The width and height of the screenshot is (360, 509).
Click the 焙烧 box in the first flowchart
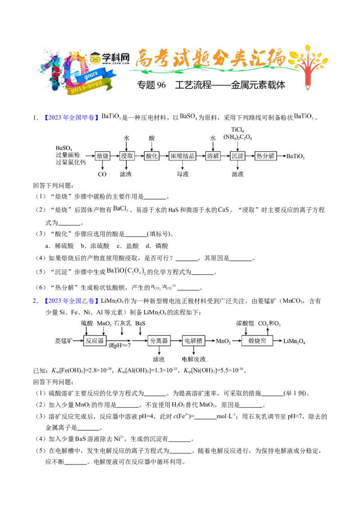click(103, 156)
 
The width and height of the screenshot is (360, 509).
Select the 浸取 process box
click(127, 156)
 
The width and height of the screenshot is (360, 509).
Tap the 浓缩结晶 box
click(182, 156)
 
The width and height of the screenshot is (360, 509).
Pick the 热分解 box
click(265, 156)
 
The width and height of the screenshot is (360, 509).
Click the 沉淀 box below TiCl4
click(237, 156)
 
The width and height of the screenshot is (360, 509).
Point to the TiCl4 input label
click(238, 129)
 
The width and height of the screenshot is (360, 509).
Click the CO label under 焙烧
click(102, 174)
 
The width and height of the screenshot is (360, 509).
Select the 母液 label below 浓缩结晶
click(182, 174)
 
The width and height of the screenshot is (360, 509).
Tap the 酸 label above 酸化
click(152, 138)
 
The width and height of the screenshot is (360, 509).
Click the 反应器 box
click(94, 341)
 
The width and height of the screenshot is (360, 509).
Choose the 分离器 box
click(159, 341)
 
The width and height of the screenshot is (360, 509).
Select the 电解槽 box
click(193, 341)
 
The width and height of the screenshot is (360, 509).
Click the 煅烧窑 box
click(257, 341)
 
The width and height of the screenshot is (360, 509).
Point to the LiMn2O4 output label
click(294, 341)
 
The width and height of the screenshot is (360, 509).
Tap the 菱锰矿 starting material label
click(63, 341)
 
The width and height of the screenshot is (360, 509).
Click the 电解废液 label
click(193, 359)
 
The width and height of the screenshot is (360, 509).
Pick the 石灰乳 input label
click(122, 323)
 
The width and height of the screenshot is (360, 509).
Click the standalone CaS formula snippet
click(224, 210)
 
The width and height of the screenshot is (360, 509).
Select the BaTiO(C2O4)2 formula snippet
click(126, 271)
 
